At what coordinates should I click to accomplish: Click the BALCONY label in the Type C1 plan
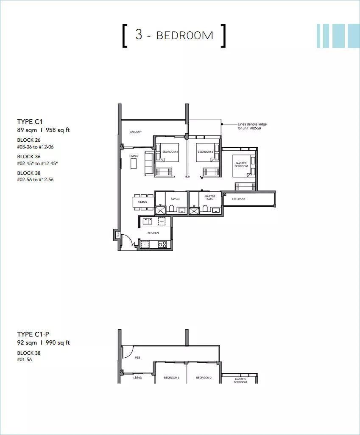pyautogui.click(x=136, y=132)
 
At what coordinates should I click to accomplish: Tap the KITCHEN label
pyautogui.click(x=153, y=233)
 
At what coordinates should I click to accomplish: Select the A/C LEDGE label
pyautogui.click(x=238, y=199)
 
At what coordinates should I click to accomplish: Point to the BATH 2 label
pyautogui.click(x=176, y=199)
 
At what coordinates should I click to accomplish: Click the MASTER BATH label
pyautogui.click(x=210, y=198)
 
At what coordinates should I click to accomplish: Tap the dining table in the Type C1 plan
pyautogui.click(x=143, y=202)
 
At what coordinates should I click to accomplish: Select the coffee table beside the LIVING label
pyautogui.click(x=134, y=163)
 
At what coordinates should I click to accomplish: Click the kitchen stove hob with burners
pyautogui.click(x=162, y=244)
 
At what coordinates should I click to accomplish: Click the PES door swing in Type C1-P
pyautogui.click(x=128, y=352)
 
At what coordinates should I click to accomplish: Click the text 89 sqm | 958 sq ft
pyautogui.click(x=43, y=130)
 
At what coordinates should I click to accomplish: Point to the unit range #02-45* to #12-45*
pyautogui.click(x=37, y=163)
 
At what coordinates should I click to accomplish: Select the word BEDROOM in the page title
pyautogui.click(x=185, y=35)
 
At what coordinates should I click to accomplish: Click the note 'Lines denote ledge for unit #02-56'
pyautogui.click(x=252, y=126)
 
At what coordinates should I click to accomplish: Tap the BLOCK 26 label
pyautogui.click(x=29, y=140)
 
